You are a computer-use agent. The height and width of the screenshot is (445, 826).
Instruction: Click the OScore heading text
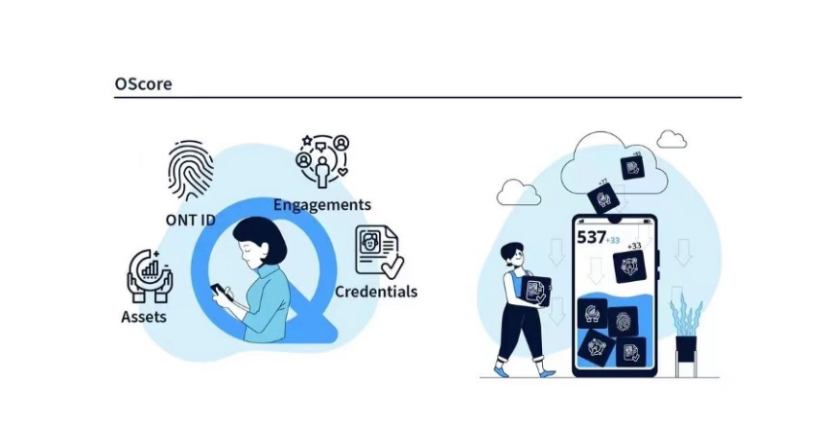tap(143, 83)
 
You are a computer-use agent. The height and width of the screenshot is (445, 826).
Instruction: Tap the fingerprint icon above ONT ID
tap(190, 170)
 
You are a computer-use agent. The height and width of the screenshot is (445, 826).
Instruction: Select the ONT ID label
tap(190, 220)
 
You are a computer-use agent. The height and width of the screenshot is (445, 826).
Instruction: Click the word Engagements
tap(321, 204)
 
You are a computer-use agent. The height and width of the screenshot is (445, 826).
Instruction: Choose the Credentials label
tap(376, 291)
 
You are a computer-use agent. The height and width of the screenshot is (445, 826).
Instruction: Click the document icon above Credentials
tap(378, 251)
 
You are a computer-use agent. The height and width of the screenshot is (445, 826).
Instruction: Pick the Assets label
tap(145, 316)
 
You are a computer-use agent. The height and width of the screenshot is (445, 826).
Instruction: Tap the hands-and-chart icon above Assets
tap(150, 274)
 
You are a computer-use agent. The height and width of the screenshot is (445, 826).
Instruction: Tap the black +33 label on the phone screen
tap(633, 246)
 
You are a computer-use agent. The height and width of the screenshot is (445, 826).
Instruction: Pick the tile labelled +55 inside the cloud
tap(632, 167)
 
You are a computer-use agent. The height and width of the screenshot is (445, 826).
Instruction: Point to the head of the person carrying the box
tap(512, 256)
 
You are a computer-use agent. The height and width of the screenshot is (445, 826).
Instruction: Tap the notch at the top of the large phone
tap(614, 221)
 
